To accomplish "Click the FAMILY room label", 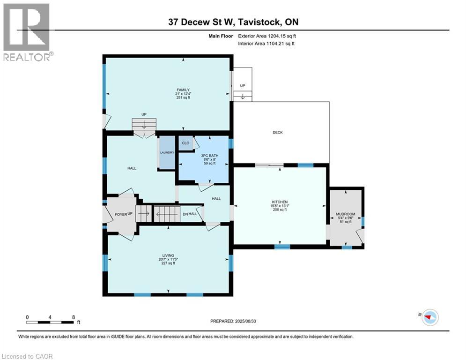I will pyautogui.click(x=183, y=90).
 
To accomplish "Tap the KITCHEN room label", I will pyautogui.click(x=280, y=202).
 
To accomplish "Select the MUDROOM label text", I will pyautogui.click(x=346, y=214).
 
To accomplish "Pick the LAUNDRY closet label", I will pyautogui.click(x=167, y=152).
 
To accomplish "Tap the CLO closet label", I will pyautogui.click(x=185, y=143).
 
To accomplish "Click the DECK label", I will pyautogui.click(x=278, y=133).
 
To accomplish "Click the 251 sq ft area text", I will pyautogui.click(x=183, y=98).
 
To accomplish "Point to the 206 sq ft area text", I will pyautogui.click(x=280, y=210).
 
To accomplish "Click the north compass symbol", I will pyautogui.click(x=429, y=317).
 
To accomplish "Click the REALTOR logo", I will pyautogui.click(x=26, y=32).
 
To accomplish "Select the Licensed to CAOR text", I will pyautogui.click(x=27, y=356).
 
